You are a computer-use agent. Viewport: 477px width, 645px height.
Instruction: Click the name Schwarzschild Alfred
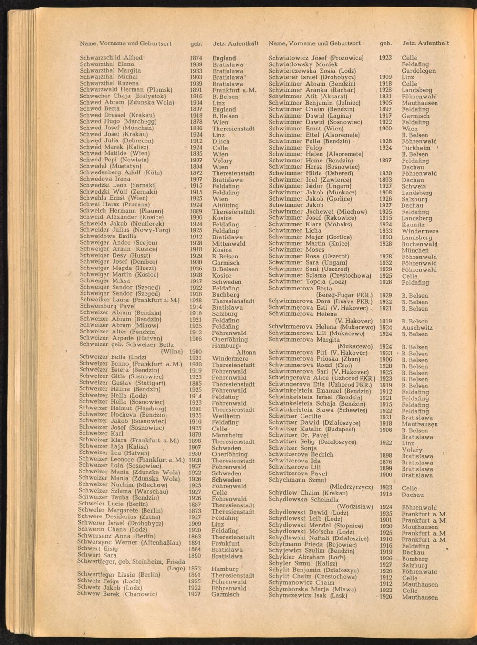(111, 58)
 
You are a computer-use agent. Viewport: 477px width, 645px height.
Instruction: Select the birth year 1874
(196, 58)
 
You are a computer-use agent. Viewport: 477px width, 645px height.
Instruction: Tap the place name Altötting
(225, 205)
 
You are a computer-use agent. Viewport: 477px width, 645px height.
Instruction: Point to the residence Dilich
(221, 141)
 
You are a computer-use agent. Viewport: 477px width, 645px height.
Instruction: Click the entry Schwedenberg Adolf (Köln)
(121, 173)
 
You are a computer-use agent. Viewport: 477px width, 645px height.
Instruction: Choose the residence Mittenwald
(229, 244)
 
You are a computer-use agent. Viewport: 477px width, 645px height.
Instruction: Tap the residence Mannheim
(227, 435)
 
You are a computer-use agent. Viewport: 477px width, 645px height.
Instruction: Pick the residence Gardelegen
(418, 71)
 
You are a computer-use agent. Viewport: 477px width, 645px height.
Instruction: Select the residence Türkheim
(416, 148)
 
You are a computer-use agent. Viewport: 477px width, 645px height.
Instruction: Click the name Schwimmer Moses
(296, 250)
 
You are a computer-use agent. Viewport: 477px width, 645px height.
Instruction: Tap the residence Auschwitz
(417, 328)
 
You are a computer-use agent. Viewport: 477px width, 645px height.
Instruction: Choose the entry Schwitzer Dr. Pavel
(298, 436)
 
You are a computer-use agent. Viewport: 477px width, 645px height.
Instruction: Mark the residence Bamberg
(415, 559)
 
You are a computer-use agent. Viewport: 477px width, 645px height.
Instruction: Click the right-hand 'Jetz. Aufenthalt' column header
(425, 43)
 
